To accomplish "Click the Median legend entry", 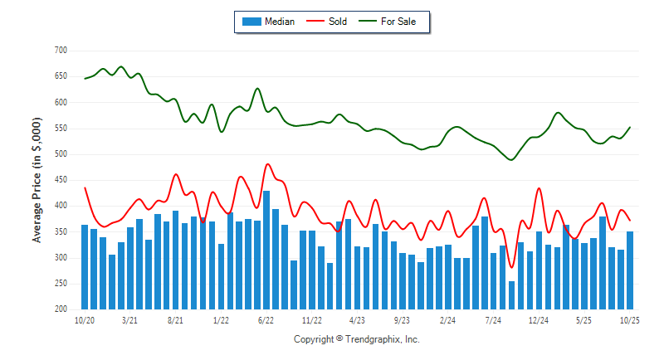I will coord(279,22).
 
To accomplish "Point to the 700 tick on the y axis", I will coord(60,51).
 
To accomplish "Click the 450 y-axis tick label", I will coord(60,180).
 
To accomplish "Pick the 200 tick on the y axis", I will coord(60,309).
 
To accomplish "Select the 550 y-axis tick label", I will coord(60,129).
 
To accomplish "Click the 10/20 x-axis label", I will coord(84,320).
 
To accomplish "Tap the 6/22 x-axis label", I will coord(266,320).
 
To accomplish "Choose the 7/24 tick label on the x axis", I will coord(493,320).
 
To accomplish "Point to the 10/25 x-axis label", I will coord(630,320).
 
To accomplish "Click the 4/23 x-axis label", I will coord(357,320).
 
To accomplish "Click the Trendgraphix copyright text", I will coord(357,339).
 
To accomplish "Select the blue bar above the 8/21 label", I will coord(175,260).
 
